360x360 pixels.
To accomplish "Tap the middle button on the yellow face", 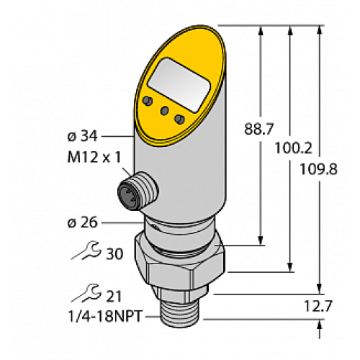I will tap(165, 110).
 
